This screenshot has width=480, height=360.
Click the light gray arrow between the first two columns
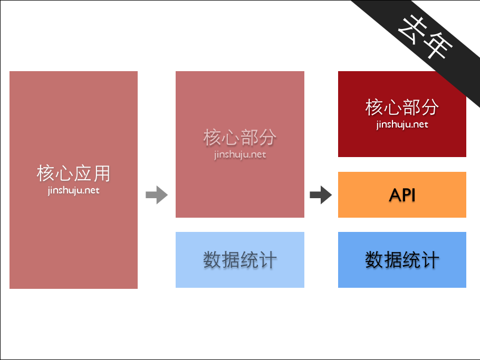pyautogui.click(x=156, y=196)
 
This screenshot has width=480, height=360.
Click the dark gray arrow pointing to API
pyautogui.click(x=320, y=196)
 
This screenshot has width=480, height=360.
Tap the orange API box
pyautogui.click(x=402, y=194)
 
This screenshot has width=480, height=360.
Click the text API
pyautogui.click(x=402, y=195)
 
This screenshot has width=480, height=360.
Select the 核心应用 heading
pyautogui.click(x=73, y=173)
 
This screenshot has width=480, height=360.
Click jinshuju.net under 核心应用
pyautogui.click(x=73, y=190)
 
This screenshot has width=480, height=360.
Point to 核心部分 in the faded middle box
pyautogui.click(x=240, y=138)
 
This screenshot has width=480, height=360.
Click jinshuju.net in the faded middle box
pyautogui.click(x=240, y=155)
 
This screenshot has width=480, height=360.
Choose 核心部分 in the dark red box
pyautogui.click(x=402, y=108)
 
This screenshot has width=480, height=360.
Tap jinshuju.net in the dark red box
pyautogui.click(x=402, y=125)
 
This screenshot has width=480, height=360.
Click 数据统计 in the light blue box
pyautogui.click(x=240, y=260)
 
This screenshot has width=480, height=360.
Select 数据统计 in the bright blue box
pyautogui.click(x=402, y=260)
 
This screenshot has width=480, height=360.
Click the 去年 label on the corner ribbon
pyautogui.click(x=425, y=36)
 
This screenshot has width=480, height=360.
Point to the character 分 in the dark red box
pyautogui.click(x=430, y=108)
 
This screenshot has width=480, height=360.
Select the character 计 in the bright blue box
pyautogui.click(x=430, y=260)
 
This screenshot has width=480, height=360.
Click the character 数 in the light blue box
pyautogui.click(x=212, y=260)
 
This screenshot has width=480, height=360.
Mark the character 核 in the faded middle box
pyautogui.click(x=212, y=138)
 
